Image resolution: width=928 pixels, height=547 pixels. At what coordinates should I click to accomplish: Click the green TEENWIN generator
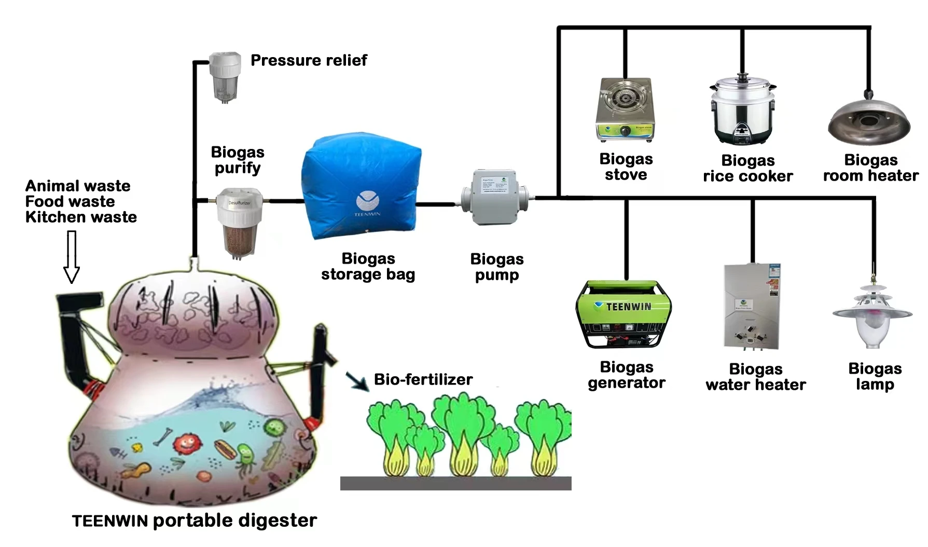tap(624, 314)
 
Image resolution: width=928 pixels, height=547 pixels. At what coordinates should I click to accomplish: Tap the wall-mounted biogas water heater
tap(752, 306)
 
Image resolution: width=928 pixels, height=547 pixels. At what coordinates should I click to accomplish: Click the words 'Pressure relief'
tap(309, 60)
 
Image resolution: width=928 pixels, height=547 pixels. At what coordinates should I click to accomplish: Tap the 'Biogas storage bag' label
tap(368, 266)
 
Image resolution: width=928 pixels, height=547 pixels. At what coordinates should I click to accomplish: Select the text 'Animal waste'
tap(78, 186)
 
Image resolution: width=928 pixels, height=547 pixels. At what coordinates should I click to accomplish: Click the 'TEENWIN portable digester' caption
tap(195, 521)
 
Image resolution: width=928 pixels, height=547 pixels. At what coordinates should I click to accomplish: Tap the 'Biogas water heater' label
tap(755, 377)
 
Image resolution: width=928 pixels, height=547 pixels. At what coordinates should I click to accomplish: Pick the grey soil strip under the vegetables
tap(455, 483)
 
